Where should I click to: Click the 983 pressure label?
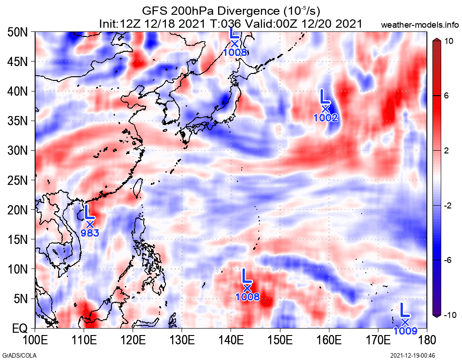[x=90, y=233]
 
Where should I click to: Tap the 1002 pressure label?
[x=326, y=118]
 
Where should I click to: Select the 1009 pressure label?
[x=405, y=330]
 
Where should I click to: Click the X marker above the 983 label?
[x=90, y=224]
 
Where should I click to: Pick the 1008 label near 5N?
[x=248, y=297]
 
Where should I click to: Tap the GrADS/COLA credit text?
[x=15, y=355]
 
